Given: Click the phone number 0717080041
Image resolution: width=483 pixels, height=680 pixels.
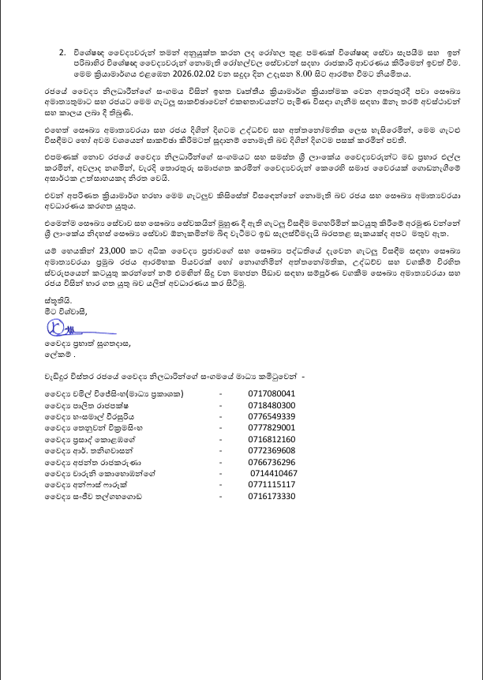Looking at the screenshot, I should click(271, 393).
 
